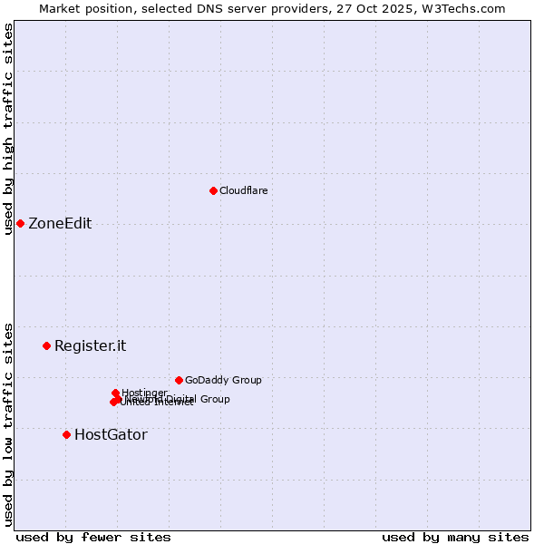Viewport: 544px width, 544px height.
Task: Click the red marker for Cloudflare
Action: [x=213, y=190]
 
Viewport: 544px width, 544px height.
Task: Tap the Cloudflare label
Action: [x=243, y=190]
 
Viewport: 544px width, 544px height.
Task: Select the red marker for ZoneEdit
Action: [x=20, y=223]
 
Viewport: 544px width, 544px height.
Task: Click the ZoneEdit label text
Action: [x=60, y=224]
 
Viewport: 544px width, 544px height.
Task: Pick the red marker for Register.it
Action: [x=46, y=345]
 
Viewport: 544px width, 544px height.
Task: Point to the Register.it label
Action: [x=90, y=345]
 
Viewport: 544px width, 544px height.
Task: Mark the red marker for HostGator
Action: [x=66, y=434]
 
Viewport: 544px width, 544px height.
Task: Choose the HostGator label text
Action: [x=111, y=434]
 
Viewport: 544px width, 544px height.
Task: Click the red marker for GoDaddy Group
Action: [x=179, y=380]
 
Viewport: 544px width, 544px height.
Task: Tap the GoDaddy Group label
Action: [x=223, y=380]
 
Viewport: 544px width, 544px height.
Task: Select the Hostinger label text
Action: [x=144, y=393]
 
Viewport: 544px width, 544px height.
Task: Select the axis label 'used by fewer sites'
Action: [x=93, y=537]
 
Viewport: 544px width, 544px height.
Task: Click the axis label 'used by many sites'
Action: [x=455, y=537]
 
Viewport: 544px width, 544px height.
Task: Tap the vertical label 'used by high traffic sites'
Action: [x=8, y=129]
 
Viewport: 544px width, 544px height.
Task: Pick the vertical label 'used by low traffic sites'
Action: [x=8, y=423]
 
